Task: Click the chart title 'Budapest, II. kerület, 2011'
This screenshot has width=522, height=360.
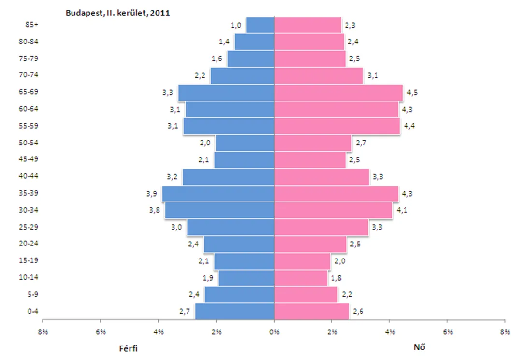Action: [117, 13]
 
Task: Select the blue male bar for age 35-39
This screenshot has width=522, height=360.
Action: [218, 194]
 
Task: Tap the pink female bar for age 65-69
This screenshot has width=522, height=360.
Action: [338, 92]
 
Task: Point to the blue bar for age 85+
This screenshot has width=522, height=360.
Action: [261, 25]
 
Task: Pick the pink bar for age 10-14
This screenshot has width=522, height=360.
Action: [301, 278]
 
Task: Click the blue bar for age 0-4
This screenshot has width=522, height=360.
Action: [235, 311]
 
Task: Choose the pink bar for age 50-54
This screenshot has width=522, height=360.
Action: [313, 143]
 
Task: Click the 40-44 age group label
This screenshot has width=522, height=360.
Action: [29, 176]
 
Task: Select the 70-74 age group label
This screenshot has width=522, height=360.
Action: [29, 75]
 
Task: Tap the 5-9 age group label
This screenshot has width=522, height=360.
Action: [33, 294]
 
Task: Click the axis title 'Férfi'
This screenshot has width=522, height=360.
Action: [128, 348]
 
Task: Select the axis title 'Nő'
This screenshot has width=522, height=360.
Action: [419, 347]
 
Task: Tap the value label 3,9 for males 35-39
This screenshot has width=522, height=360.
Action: [151, 194]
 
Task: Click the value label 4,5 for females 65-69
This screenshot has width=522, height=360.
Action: [412, 92]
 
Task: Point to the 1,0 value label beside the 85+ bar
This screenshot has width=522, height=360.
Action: [236, 25]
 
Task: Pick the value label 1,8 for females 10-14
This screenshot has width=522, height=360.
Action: [336, 278]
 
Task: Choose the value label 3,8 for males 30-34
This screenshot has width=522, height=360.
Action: [155, 210]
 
